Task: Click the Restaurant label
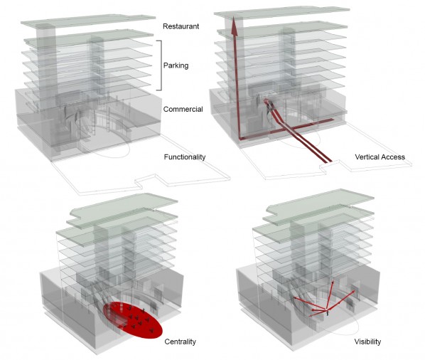click(x=181, y=26)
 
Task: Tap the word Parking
click(x=176, y=65)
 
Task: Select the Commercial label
click(x=183, y=109)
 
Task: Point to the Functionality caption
click(x=185, y=157)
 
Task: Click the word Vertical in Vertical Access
click(x=366, y=157)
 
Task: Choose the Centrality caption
click(x=181, y=342)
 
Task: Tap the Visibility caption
click(x=367, y=342)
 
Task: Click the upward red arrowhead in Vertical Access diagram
click(x=235, y=26)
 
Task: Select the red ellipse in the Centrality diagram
click(x=133, y=320)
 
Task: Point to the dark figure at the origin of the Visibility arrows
click(x=328, y=313)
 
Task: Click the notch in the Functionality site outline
click(x=146, y=181)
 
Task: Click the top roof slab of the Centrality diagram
click(x=124, y=207)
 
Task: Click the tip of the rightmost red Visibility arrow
click(x=354, y=291)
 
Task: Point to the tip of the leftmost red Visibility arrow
click(x=295, y=298)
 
